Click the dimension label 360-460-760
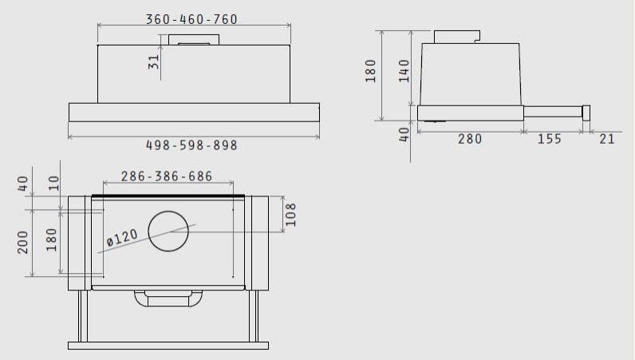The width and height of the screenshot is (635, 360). tap(191, 19)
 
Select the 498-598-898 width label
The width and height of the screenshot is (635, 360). tap(191, 145)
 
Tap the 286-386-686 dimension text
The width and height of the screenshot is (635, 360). tap(167, 176)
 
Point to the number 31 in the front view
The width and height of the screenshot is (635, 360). tap(154, 62)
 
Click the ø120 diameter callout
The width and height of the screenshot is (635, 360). tap(122, 238)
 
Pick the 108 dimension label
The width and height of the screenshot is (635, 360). tap(290, 215)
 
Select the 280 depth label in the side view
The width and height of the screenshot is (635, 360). tap(470, 139)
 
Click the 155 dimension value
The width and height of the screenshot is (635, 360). tap(550, 139)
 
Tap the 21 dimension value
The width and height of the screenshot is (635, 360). tap(607, 139)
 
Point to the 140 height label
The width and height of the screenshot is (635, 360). tap(404, 70)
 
